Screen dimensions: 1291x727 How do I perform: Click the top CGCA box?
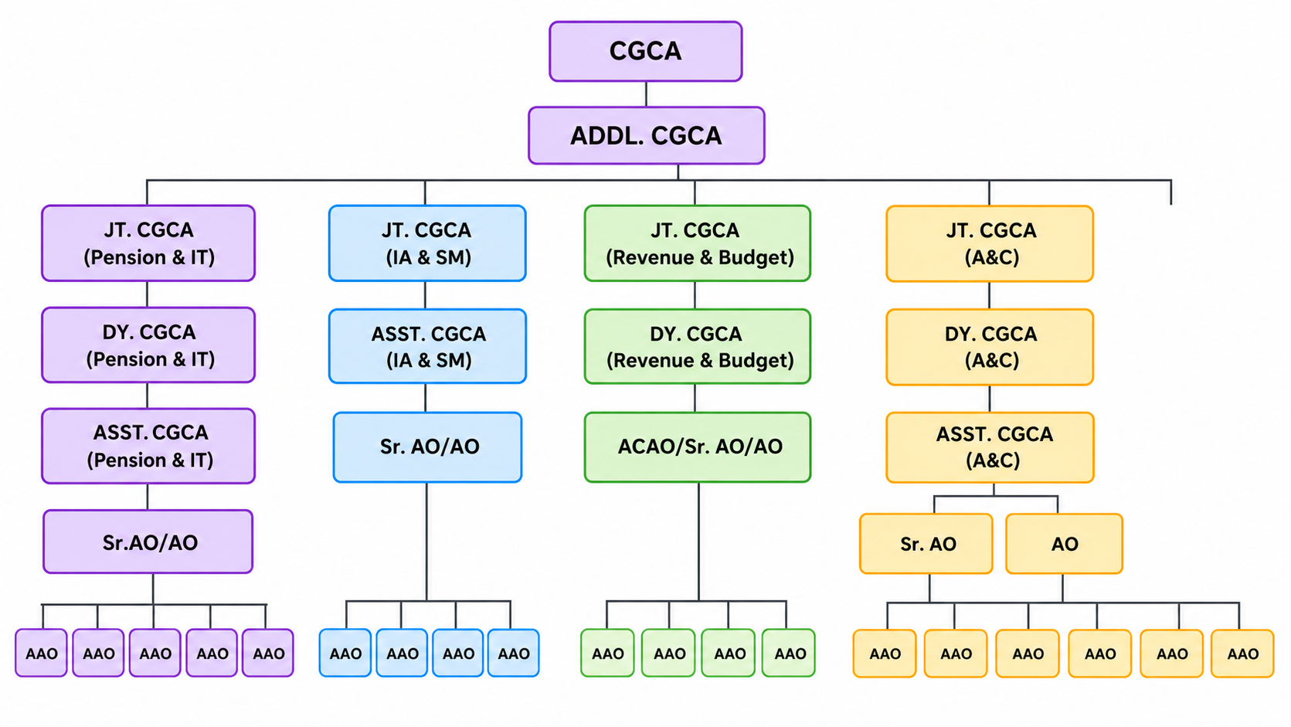coord(646,51)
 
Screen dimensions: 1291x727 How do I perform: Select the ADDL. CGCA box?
coord(646,135)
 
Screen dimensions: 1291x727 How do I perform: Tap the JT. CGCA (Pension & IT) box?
coord(148,243)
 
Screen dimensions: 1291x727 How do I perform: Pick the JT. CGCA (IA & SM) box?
coord(427,243)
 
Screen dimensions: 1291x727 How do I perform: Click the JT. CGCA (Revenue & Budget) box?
coord(698,243)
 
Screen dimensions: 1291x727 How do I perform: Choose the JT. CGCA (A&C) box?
coord(990,243)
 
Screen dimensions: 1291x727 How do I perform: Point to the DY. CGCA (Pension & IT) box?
coord(148,345)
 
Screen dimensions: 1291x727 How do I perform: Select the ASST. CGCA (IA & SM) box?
coord(427,346)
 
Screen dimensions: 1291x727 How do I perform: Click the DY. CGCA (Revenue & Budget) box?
coord(698,346)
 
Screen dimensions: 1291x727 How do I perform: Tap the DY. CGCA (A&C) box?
coord(990,346)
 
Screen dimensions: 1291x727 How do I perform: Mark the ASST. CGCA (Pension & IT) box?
coord(148,446)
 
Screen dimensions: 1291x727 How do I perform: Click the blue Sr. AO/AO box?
coord(427,447)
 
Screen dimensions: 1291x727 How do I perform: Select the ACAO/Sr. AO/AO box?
coord(698,447)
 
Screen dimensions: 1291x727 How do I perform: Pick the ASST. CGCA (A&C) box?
coord(990,447)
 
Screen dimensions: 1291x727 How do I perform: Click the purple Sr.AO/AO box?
coord(148,542)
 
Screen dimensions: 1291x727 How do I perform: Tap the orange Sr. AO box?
coord(926,544)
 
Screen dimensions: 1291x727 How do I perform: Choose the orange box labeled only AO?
coord(1064,544)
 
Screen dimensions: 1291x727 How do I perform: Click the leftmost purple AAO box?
coord(41,653)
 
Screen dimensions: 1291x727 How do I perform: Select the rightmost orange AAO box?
coord(1242,653)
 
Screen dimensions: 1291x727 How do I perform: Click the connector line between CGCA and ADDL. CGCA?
coord(646,94)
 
